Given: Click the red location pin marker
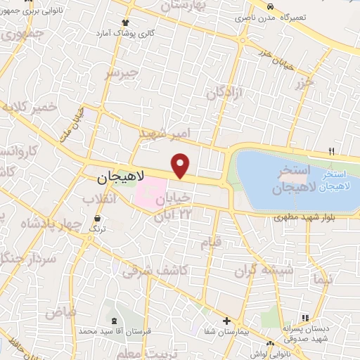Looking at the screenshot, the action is pos(181,165).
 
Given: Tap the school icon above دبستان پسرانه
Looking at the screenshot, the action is pos(305,319).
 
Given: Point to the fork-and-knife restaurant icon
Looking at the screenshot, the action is pos(332,151).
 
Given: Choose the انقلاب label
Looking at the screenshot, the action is pos(98,200).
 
